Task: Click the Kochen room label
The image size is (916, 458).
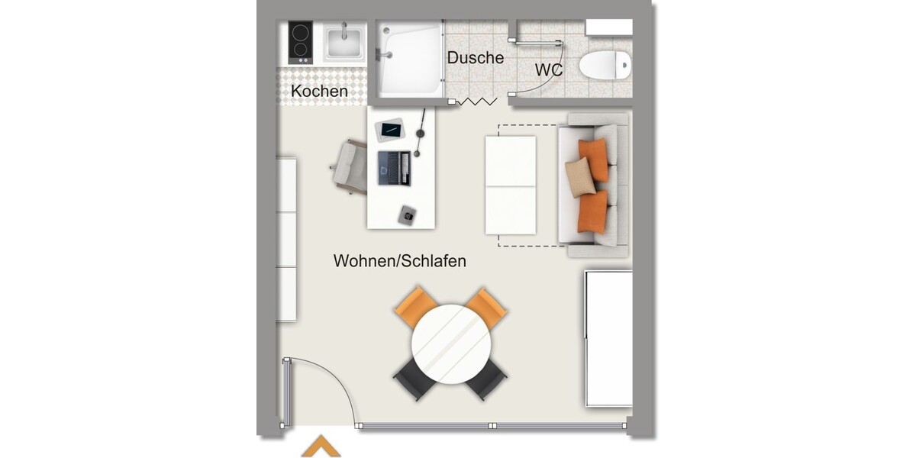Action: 319,92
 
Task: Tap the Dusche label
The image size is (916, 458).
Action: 476,58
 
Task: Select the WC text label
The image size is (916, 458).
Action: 549,70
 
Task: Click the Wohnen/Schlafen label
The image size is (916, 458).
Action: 399,261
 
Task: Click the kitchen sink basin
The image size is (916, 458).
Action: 344,44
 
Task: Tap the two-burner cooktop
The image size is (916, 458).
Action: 301,43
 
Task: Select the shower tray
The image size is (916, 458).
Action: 411,58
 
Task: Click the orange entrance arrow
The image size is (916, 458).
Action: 321,447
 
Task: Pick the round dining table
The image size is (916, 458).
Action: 450,345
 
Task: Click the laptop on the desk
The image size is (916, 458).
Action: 394,168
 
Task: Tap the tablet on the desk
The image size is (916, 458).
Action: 391,130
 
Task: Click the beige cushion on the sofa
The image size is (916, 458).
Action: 579,178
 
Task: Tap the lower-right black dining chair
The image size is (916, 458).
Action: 487,379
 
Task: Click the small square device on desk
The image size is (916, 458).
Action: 407,215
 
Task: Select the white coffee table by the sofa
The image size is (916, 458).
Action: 511,185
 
